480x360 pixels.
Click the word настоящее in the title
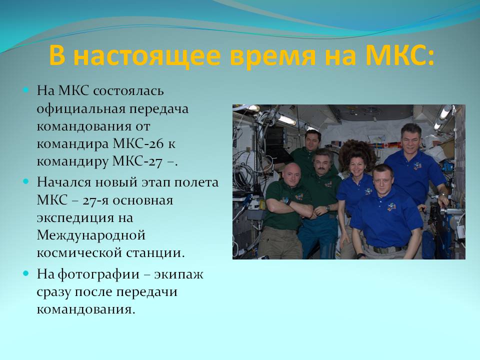pyautogui.click(x=147, y=55)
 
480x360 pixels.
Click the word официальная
pyautogui.click(x=80, y=109)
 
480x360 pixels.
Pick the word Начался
pyautogui.click(x=64, y=182)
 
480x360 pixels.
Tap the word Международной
pyautogui.click(x=91, y=235)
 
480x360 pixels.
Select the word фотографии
pyautogui.click(x=98, y=274)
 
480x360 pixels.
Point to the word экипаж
pyautogui.click(x=178, y=274)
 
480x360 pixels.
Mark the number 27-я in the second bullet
pyautogui.click(x=96, y=200)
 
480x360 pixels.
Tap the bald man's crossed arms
pyautogui.click(x=289, y=208)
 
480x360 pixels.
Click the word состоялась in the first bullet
pyautogui.click(x=128, y=91)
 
